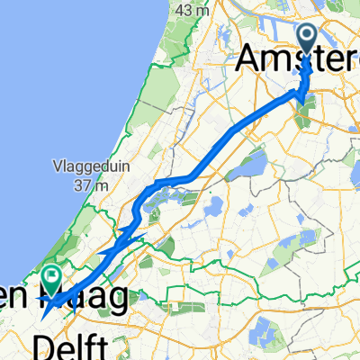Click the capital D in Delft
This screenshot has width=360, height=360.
(x=42, y=345)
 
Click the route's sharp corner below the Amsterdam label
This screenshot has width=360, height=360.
(x=301, y=91)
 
